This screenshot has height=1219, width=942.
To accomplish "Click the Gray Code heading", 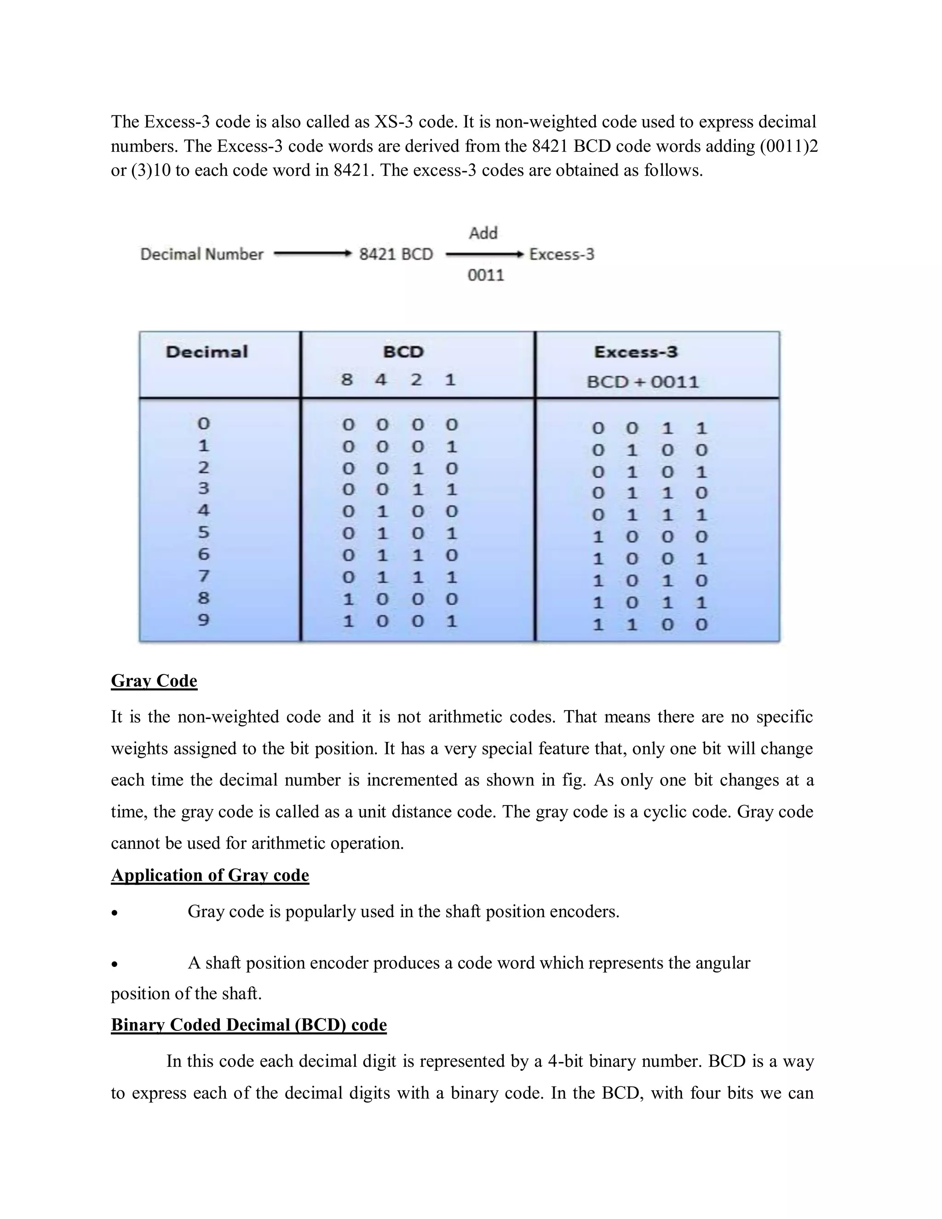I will pyautogui.click(x=154, y=681).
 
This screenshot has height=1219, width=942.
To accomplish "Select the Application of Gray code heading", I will pyautogui.click(x=210, y=875).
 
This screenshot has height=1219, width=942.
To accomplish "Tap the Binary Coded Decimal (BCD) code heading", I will pyautogui.click(x=248, y=1025).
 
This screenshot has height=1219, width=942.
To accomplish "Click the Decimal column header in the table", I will pyautogui.click(x=207, y=352).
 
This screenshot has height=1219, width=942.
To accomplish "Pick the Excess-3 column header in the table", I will pyautogui.click(x=636, y=352).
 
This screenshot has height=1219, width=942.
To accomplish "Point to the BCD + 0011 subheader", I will pyautogui.click(x=642, y=382).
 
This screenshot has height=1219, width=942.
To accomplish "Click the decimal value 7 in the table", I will pyautogui.click(x=204, y=575).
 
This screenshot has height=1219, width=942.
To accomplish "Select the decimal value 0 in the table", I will pyautogui.click(x=204, y=424).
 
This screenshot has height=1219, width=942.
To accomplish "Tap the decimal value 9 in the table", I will pyautogui.click(x=204, y=620).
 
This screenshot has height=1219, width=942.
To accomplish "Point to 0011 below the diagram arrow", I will pyautogui.click(x=486, y=275).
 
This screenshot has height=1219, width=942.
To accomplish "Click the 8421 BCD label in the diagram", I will pyautogui.click(x=396, y=254).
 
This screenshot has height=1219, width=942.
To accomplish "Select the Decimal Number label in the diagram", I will pyautogui.click(x=201, y=254).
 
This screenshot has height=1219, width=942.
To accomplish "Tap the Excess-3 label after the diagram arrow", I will pyautogui.click(x=562, y=254).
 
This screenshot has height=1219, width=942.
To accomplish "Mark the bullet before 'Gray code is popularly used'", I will pyautogui.click(x=115, y=913).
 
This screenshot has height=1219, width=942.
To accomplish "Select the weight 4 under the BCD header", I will pyautogui.click(x=381, y=380).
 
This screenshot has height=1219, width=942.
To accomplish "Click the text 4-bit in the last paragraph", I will pyautogui.click(x=565, y=1061).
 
